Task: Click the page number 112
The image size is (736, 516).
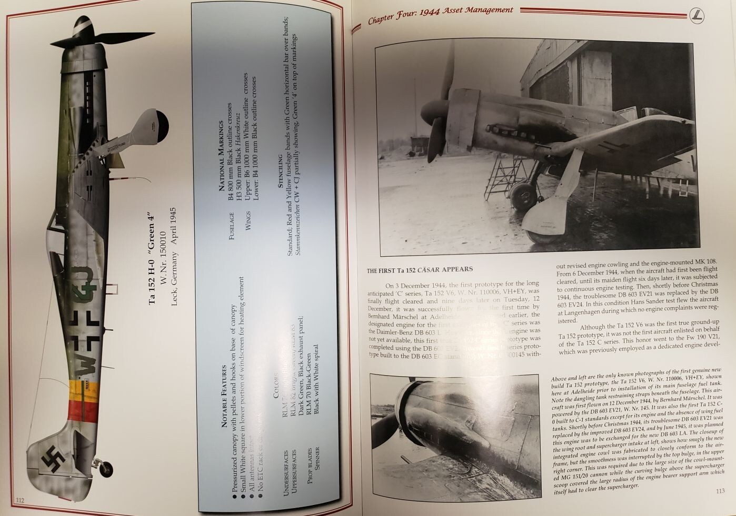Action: pyautogui.click(x=20, y=500)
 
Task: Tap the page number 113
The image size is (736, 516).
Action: pyautogui.click(x=720, y=491)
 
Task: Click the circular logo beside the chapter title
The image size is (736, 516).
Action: pyautogui.click(x=697, y=15)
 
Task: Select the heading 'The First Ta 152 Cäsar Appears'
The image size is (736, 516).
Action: pyautogui.click(x=420, y=270)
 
